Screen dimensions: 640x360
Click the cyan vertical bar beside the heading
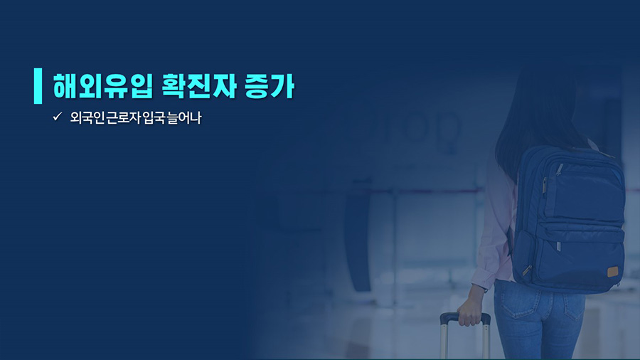38,85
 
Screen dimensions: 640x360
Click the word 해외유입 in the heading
103,86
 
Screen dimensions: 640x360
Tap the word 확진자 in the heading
199,86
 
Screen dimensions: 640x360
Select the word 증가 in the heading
270,86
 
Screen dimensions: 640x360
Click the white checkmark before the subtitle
57,117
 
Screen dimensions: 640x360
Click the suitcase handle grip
465,317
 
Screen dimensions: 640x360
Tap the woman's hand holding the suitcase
469,312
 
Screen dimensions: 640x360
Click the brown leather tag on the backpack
613,272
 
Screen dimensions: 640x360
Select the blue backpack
569,220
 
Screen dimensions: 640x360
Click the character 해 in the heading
65,86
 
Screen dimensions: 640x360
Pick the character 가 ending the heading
282,86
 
